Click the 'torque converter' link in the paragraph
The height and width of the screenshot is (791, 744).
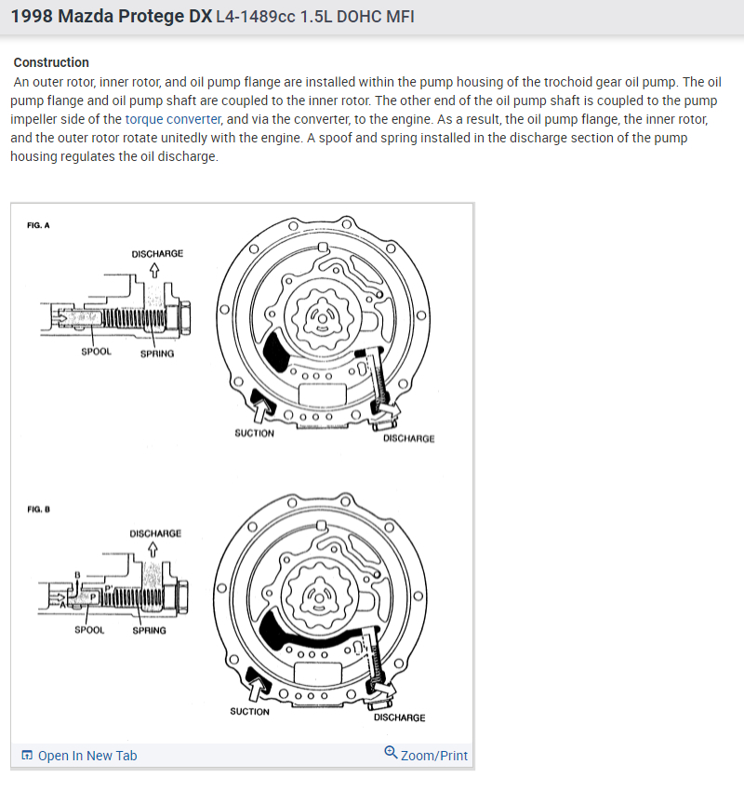point(173,119)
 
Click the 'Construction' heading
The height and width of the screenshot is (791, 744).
point(51,62)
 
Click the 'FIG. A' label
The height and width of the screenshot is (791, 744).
point(38,226)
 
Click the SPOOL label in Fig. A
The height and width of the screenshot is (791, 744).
point(96,353)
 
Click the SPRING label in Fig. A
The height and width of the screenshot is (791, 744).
point(156,354)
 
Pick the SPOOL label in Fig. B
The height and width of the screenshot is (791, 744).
point(89,630)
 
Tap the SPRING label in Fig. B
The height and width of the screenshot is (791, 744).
point(149,630)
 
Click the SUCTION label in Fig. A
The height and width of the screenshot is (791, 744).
point(254,433)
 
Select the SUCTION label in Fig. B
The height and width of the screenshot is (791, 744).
point(249,712)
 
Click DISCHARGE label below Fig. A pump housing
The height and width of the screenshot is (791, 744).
point(408,438)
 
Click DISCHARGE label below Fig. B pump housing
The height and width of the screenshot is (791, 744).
point(400,717)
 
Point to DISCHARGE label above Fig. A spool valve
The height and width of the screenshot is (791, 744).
point(157,253)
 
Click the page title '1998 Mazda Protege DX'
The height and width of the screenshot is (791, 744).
point(111,18)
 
